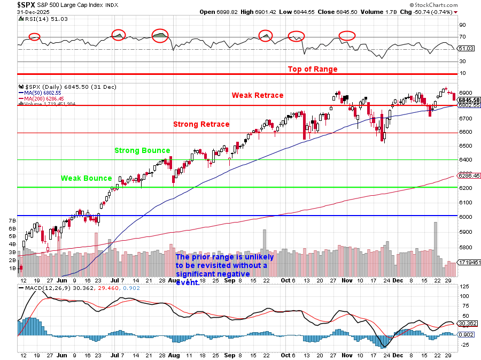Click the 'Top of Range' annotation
click(313, 69)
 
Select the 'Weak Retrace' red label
click(257, 95)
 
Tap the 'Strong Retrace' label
click(201, 124)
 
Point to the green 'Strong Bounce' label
click(142, 151)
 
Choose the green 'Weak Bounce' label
click(86, 178)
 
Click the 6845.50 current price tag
click(469, 100)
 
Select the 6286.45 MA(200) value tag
click(468, 175)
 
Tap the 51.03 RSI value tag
click(467, 49)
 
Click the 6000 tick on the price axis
click(466, 217)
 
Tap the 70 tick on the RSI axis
click(463, 37)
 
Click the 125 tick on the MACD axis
click(465, 287)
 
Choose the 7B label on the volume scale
click(11, 220)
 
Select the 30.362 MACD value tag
click(469, 323)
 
